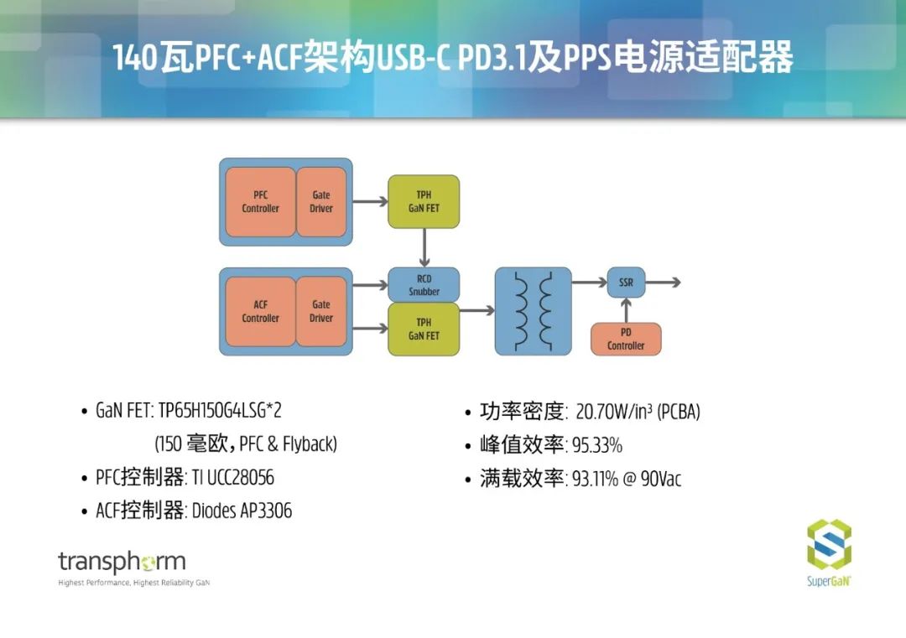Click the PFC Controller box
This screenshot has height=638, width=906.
260,201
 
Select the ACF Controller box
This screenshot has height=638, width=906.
260,311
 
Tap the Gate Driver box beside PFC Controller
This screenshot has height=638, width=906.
321,201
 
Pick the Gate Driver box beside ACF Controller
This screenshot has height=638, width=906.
321,311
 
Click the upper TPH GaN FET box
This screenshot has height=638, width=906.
424,201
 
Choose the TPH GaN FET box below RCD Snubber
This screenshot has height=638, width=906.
424,329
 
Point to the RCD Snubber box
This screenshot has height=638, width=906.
424,285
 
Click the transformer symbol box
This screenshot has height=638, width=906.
534,310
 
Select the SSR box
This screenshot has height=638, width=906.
626,283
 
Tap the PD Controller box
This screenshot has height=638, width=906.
626,339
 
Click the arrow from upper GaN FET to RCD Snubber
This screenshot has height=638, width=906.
424,247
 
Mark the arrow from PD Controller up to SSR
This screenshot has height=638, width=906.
626,310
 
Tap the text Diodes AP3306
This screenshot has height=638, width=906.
242,511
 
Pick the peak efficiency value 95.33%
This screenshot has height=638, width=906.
597,445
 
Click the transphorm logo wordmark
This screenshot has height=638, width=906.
122,561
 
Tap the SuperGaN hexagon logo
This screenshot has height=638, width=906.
829,545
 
